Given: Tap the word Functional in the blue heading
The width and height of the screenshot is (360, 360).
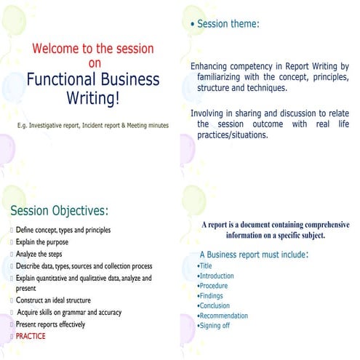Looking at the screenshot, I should (x=63, y=79).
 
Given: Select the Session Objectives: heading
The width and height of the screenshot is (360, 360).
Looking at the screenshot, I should (x=59, y=211).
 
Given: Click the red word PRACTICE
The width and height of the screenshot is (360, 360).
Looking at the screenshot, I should (x=31, y=336).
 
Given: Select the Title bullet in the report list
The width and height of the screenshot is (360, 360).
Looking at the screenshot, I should (x=206, y=266).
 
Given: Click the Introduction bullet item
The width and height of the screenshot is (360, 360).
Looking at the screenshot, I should (x=217, y=276).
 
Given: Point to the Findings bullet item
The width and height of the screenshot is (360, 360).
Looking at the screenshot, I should (x=212, y=296).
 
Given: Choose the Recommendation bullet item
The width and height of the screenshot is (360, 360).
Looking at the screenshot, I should (x=223, y=316).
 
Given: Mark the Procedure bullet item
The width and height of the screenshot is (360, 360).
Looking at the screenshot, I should (x=214, y=286).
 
